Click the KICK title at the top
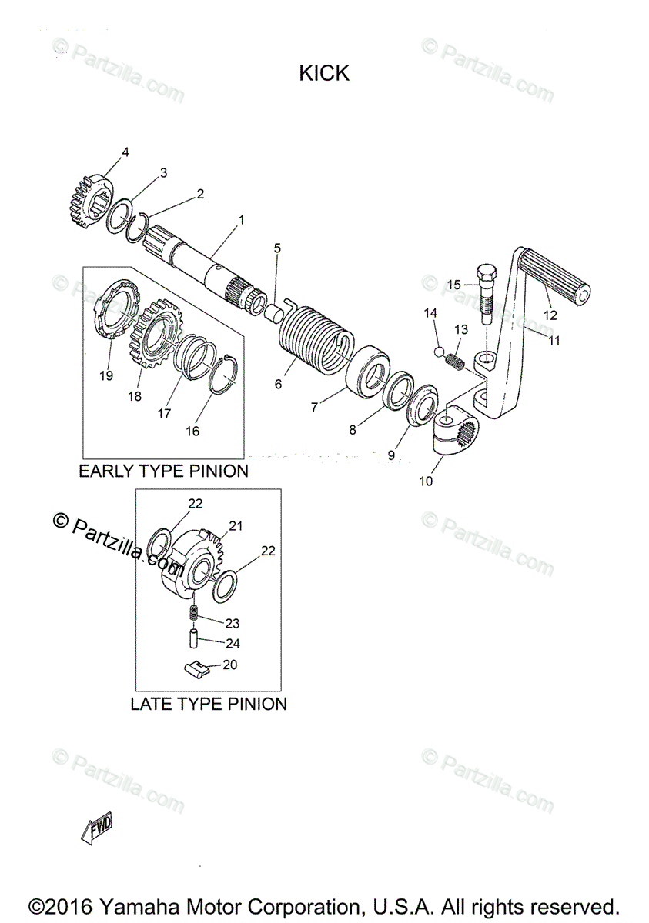324,73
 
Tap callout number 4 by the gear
125,152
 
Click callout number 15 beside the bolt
453,285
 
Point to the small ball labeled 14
438,352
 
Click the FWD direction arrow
97,828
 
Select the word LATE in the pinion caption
150,704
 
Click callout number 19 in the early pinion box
106,375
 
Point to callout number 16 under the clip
192,431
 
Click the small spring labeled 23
195,614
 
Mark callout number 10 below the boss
426,481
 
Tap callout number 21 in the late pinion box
236,526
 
